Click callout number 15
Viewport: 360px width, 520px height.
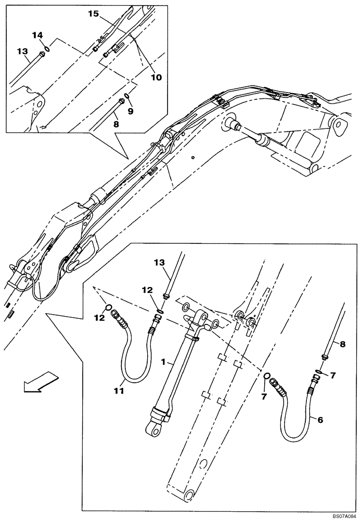tap(93, 14)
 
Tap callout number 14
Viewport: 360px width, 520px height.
tap(37, 35)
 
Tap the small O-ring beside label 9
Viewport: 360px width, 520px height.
tap(127, 98)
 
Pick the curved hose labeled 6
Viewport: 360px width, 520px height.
tap(297, 421)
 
